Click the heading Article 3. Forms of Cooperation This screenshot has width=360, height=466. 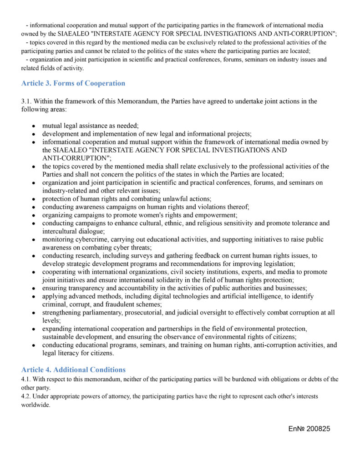tap(73, 83)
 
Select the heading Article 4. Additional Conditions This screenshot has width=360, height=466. tap(73, 370)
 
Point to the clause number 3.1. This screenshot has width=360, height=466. tap(26, 101)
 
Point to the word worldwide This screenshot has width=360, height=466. tap(35, 405)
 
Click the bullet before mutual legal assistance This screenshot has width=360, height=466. tap(34, 125)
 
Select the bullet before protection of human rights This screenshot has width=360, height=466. tap(34, 199)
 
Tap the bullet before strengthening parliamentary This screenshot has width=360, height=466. tap(34, 313)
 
